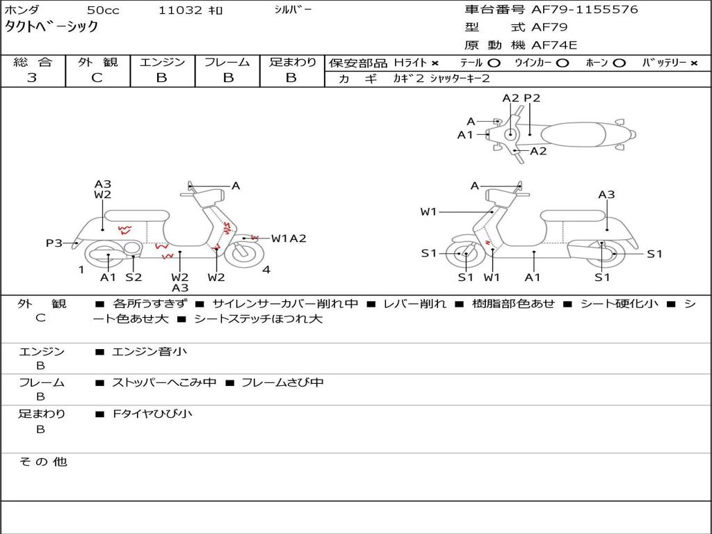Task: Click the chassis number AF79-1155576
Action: (584, 10)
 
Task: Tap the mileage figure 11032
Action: (180, 10)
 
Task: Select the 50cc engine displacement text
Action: (103, 10)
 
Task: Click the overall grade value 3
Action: (32, 78)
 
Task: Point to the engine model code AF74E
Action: (554, 45)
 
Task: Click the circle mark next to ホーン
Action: (619, 63)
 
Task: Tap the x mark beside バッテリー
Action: (694, 63)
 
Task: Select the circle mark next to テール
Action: (494, 63)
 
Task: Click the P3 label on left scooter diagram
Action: (54, 243)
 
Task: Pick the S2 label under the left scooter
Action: (133, 277)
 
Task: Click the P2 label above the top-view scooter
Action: (532, 98)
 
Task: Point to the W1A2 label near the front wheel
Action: (289, 238)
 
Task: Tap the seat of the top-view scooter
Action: (573, 134)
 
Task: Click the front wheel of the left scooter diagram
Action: (244, 254)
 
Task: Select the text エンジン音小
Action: (149, 351)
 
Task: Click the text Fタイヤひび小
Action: (152, 414)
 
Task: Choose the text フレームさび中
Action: (282, 382)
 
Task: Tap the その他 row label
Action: (43, 462)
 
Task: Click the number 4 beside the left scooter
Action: (266, 270)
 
